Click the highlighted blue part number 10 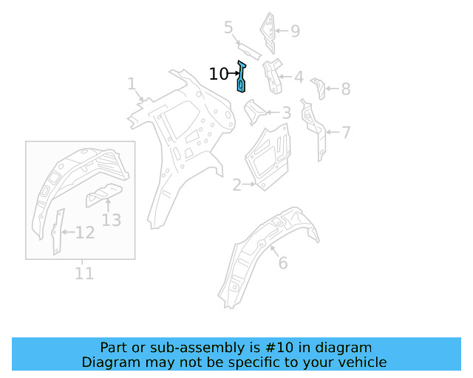pyautogui.click(x=241, y=78)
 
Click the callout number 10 pyautogui.click(x=219, y=74)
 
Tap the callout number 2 pyautogui.click(x=236, y=185)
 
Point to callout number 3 pyautogui.click(x=286, y=113)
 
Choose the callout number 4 pyautogui.click(x=298, y=77)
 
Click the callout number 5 pyautogui.click(x=229, y=28)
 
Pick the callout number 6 pyautogui.click(x=282, y=262)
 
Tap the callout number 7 pyautogui.click(x=345, y=133)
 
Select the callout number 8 pyautogui.click(x=345, y=89)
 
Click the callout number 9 pyautogui.click(x=295, y=31)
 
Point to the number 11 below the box pyautogui.click(x=84, y=273)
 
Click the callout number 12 pyautogui.click(x=85, y=233)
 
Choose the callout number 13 pyautogui.click(x=111, y=219)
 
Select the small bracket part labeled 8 pyautogui.click(x=319, y=87)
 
